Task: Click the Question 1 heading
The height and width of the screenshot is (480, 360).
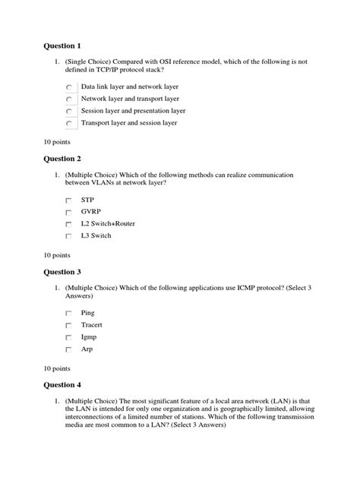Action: click(65, 46)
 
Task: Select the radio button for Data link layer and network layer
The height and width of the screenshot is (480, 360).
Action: click(70, 87)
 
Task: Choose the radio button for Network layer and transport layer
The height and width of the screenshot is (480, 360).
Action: click(70, 99)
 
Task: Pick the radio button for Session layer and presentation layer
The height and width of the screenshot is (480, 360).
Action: click(70, 111)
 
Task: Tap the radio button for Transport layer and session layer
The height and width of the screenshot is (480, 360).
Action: click(70, 122)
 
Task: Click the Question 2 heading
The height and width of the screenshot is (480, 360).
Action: click(65, 159)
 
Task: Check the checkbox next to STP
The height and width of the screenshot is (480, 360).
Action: click(69, 201)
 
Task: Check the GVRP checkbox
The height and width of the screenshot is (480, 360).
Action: click(69, 213)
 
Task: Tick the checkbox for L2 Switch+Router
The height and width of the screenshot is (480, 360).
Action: click(69, 225)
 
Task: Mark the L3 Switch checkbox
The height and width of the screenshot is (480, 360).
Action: click(69, 237)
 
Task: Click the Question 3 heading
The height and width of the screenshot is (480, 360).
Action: click(65, 272)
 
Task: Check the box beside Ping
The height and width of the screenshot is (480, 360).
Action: click(69, 314)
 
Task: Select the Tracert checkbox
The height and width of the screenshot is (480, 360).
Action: click(69, 326)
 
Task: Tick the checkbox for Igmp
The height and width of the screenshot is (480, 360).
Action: click(69, 338)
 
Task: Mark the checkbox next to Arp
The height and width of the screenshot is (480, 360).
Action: click(69, 350)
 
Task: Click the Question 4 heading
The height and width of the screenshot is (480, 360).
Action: click(65, 385)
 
